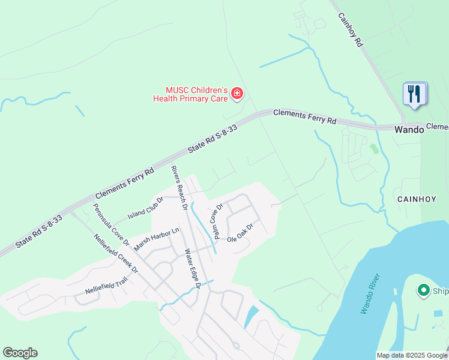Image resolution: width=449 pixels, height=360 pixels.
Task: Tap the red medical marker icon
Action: click(237, 94)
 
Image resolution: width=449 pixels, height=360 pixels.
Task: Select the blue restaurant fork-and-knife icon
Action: click(415, 94)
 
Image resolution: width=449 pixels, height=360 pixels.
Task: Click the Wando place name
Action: click(409, 129)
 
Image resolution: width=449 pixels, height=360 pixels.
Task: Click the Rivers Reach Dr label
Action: click(179, 188)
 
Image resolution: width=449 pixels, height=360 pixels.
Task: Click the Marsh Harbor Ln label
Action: click(157, 239)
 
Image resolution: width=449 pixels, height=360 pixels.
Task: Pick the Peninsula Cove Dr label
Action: click(111, 224)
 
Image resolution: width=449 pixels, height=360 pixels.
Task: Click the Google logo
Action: click(20, 353)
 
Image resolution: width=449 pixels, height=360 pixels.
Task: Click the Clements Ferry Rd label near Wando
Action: click(304, 116)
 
